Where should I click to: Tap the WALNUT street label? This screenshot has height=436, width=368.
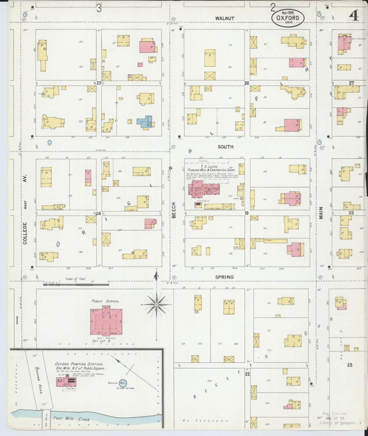click(x=225, y=18)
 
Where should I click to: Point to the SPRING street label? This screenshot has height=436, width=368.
click(x=224, y=277)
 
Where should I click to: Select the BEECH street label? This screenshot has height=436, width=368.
click(x=174, y=210)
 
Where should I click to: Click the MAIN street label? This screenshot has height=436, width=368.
click(x=321, y=213)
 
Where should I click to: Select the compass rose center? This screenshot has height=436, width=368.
click(x=156, y=305)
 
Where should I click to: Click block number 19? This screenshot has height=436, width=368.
click(x=246, y=213)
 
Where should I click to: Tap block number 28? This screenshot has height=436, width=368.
click(x=350, y=365)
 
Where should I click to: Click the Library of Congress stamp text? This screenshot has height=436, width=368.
click(x=337, y=422)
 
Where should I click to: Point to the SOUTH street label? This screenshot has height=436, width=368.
click(x=225, y=147)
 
